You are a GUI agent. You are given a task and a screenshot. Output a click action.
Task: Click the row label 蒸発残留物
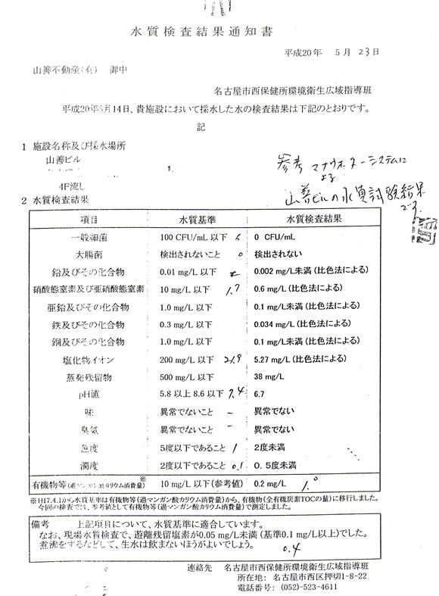(x=90, y=377)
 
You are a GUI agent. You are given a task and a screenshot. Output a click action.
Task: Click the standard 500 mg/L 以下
(x=186, y=377)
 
